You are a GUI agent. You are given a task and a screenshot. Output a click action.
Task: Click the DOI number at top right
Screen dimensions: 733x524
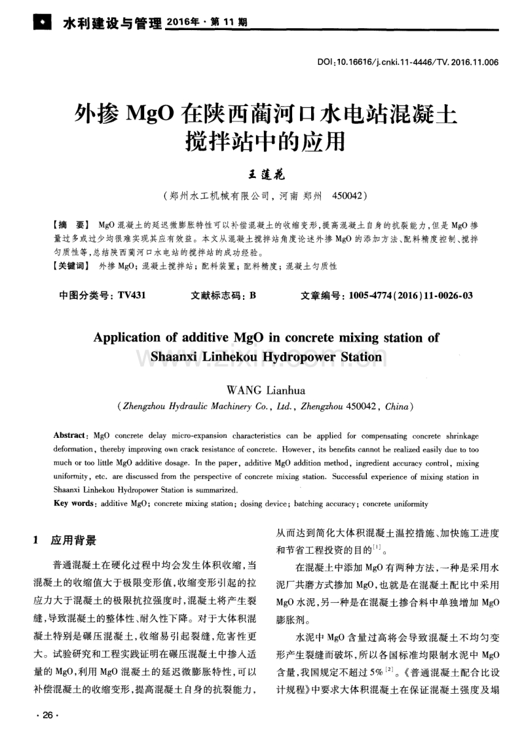pos(408,63)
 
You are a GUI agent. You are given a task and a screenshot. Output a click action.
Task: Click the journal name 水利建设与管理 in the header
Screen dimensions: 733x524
pos(111,24)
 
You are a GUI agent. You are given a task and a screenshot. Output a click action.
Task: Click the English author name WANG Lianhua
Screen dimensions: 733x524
pos(261,391)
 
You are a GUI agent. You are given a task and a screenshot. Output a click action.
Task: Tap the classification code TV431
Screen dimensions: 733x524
pos(132,295)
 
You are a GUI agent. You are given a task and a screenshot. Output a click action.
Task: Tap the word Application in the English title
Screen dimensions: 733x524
pos(132,338)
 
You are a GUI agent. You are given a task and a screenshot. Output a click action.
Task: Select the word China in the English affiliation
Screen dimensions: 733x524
pos(396,406)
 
